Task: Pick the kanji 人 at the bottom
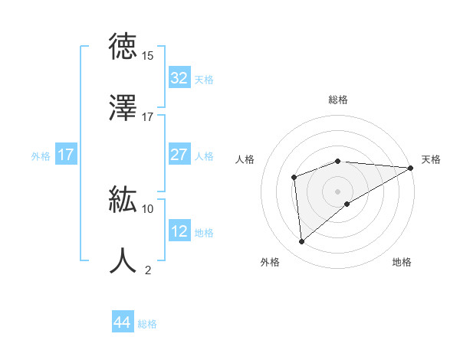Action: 124,260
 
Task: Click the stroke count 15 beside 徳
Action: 147,56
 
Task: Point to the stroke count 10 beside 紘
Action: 147,208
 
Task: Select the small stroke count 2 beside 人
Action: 147,270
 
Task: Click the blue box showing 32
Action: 179,78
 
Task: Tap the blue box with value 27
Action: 179,155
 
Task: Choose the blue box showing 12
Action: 179,231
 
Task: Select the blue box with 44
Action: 122,322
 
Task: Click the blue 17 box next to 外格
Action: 66,155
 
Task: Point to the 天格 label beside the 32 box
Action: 204,79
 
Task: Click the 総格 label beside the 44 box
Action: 147,324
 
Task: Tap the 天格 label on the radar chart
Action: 431,159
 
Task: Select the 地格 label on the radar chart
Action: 402,262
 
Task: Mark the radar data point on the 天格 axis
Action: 411,168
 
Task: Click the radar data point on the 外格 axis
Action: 301,241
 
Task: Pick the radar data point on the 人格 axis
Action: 294,178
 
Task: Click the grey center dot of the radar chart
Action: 337,191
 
